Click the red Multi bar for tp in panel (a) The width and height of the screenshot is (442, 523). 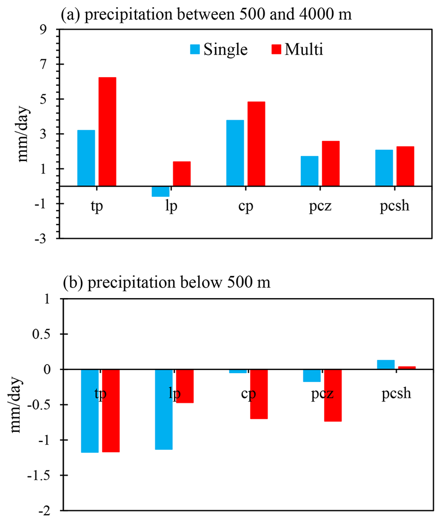[x=107, y=131]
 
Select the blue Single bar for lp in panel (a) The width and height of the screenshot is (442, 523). [x=160, y=191]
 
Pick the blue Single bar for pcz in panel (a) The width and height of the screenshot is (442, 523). [x=309, y=171]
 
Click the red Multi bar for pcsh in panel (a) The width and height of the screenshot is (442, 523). [x=405, y=166]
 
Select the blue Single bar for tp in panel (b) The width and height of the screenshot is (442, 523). [x=90, y=411]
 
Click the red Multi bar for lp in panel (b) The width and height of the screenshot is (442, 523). [x=185, y=386]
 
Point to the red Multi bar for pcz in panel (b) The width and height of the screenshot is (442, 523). [x=333, y=395]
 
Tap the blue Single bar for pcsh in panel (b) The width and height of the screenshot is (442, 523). [x=386, y=365]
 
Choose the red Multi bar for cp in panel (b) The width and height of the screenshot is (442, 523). [x=259, y=394]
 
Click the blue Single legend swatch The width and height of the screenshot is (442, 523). [x=195, y=50]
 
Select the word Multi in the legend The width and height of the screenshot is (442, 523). [x=304, y=49]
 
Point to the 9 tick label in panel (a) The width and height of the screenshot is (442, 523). [x=47, y=30]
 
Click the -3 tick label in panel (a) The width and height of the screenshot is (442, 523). [x=45, y=238]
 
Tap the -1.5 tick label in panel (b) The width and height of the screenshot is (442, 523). [x=42, y=475]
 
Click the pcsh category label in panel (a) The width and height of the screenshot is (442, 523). [x=395, y=206]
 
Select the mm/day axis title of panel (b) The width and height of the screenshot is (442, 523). [x=18, y=405]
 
